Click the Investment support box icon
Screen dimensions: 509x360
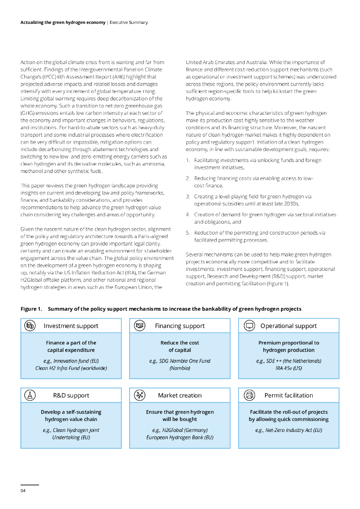coord(30,326)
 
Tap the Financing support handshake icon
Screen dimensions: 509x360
coord(140,326)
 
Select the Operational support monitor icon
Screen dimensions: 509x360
coord(250,326)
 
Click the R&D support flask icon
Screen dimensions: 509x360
coord(30,395)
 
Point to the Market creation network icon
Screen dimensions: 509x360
coord(140,395)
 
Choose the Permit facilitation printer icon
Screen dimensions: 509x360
coord(250,395)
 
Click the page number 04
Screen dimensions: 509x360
coord(23,491)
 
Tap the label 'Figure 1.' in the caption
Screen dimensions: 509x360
coord(31,309)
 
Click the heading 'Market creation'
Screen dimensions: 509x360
coord(180,396)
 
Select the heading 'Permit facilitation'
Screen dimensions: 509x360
coord(288,396)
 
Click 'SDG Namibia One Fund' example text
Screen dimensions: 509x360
coord(180,361)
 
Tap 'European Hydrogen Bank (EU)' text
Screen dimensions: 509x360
coord(180,437)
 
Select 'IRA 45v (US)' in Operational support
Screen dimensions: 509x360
coord(288,368)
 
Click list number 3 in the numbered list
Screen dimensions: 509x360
coord(188,196)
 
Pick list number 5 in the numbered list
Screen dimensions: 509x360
coord(188,232)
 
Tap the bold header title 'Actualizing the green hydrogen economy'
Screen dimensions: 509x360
coord(63,22)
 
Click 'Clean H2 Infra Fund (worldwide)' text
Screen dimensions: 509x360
coord(71,368)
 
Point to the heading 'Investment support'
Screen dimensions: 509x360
coord(71,326)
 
